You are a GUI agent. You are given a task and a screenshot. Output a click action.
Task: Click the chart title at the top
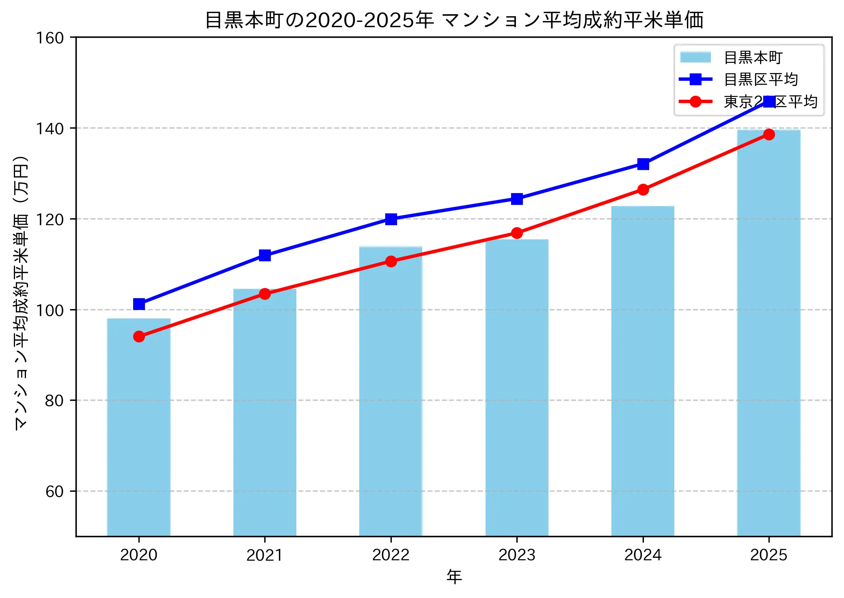coord(454,20)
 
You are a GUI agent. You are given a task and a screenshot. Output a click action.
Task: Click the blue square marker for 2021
coord(265,255)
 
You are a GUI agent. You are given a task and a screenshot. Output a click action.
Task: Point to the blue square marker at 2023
coord(517,199)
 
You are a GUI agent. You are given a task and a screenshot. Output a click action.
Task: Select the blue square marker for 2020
coord(139,304)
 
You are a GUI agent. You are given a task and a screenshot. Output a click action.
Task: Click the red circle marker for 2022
coord(391,261)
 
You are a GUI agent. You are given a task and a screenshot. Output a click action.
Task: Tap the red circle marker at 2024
coord(643,189)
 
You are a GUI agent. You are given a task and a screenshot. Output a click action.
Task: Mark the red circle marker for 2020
coord(139,336)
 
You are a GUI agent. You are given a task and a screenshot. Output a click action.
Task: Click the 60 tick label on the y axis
coord(54,491)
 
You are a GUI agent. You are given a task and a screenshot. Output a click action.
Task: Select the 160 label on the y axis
coord(50,38)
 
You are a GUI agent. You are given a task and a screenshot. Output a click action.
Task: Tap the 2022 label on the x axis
coord(391,555)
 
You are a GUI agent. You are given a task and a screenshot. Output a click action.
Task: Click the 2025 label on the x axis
coord(768,555)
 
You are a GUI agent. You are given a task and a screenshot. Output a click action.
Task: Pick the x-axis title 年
coord(454,576)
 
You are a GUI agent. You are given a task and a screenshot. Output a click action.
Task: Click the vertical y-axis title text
coord(21,292)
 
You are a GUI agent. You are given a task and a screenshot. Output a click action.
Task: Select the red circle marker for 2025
coord(768,134)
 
